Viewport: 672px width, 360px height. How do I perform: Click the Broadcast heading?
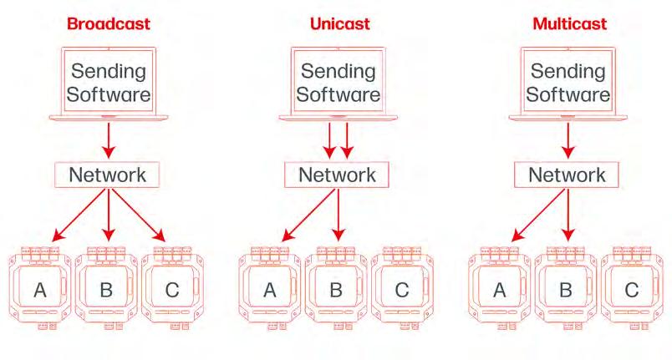tap(107, 23)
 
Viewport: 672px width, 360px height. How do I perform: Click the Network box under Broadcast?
tap(106, 175)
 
